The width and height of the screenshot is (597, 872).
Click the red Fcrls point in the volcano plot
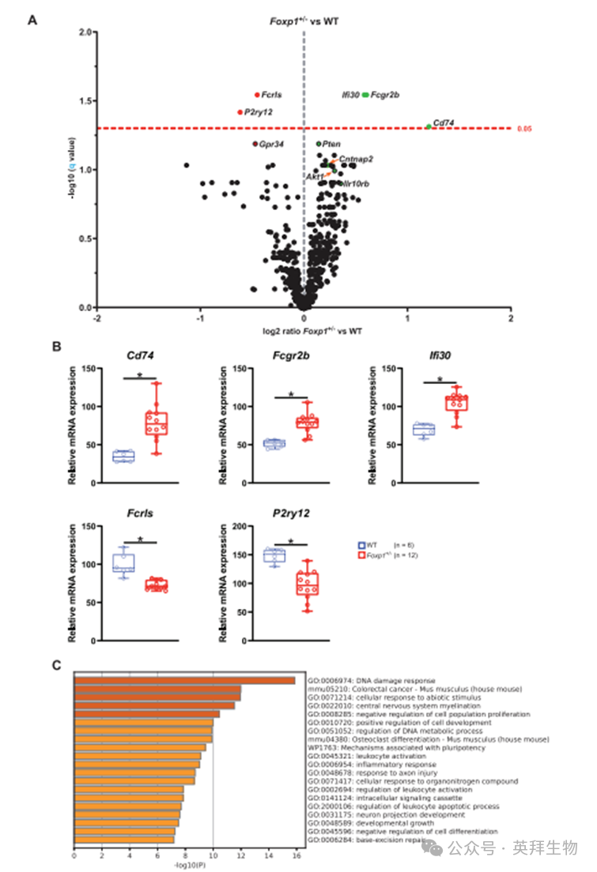[x=257, y=95]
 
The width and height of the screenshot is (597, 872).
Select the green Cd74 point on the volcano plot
[x=429, y=126]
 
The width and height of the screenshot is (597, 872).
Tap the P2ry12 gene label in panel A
[x=259, y=112]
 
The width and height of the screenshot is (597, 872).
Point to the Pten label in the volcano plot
[x=332, y=144]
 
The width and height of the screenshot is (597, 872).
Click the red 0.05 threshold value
[x=522, y=128]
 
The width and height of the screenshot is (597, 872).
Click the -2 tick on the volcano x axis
[x=96, y=318]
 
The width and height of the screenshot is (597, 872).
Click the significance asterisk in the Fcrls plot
[x=140, y=539]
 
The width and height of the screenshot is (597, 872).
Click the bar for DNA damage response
[x=184, y=680]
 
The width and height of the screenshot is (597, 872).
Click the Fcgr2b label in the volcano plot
[x=385, y=95]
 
